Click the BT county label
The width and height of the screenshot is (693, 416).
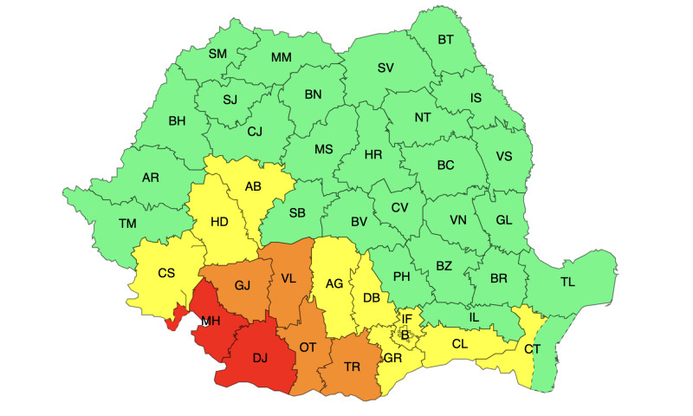tap(445, 40)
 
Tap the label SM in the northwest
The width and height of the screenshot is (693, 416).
tap(217, 54)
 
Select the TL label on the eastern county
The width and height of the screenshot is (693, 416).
tap(567, 282)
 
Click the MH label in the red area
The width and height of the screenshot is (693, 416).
tap(210, 322)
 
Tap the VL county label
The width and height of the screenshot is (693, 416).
tap(288, 278)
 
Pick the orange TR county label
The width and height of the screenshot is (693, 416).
tap(352, 367)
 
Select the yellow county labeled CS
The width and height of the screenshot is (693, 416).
tap(166, 273)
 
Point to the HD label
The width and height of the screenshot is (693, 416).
tap(219, 222)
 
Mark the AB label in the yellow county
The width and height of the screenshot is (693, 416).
tap(253, 186)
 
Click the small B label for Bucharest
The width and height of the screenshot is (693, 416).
tap(405, 335)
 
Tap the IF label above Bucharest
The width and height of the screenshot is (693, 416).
tap(407, 320)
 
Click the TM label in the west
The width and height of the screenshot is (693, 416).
tap(127, 224)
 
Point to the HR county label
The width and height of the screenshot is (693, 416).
tap(373, 154)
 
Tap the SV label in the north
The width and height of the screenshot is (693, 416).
tap(385, 68)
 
